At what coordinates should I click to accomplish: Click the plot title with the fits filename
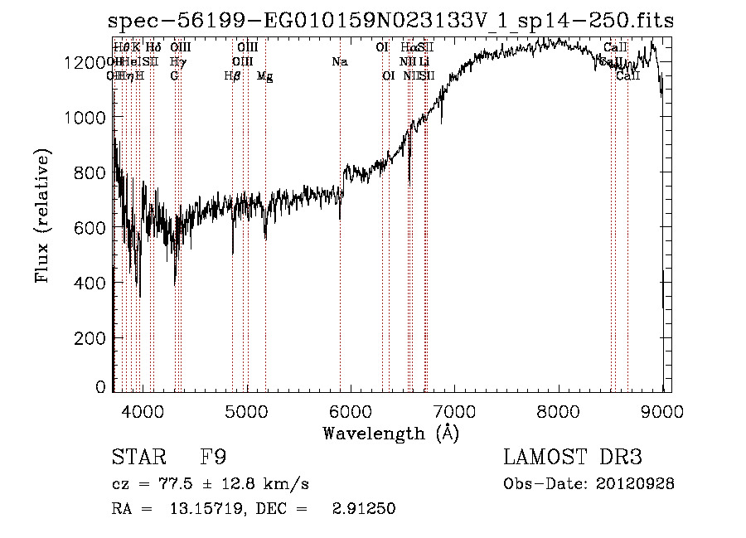pyautogui.click(x=391, y=20)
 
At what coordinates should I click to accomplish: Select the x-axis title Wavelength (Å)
pyautogui.click(x=390, y=433)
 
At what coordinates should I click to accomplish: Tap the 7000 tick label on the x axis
pyautogui.click(x=454, y=410)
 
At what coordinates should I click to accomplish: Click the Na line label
pyautogui.click(x=339, y=61)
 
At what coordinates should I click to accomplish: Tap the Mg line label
pyautogui.click(x=265, y=76)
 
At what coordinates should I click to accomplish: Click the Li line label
pyautogui.click(x=424, y=61)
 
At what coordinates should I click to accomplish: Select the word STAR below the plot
pyautogui.click(x=138, y=458)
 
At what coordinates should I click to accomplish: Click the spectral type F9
pyautogui.click(x=214, y=458)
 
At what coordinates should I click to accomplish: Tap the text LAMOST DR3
pyautogui.click(x=573, y=458)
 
